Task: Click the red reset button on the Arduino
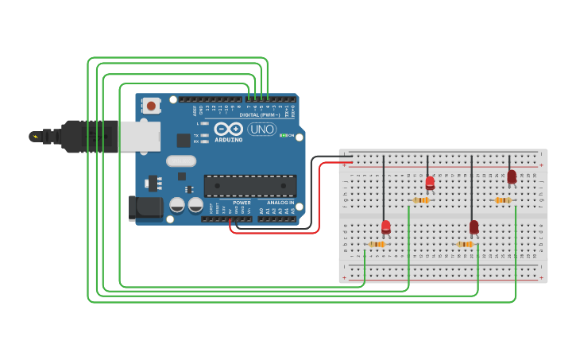tap(150, 104)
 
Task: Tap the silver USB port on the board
tap(139, 136)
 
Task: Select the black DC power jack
tap(145, 208)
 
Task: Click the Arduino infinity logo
tap(228, 129)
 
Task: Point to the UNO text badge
tap(262, 129)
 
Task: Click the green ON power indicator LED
tap(282, 136)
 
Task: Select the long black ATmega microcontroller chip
tap(250, 185)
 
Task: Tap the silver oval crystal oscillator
tap(181, 161)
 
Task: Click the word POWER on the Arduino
tap(242, 203)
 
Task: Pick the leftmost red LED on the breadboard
tap(386, 227)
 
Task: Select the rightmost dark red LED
tap(512, 176)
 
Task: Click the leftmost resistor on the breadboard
tap(377, 244)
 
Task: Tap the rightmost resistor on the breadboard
tap(502, 200)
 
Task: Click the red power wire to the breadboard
tap(319, 199)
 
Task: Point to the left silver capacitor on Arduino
tap(177, 205)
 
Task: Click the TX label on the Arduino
tap(196, 135)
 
